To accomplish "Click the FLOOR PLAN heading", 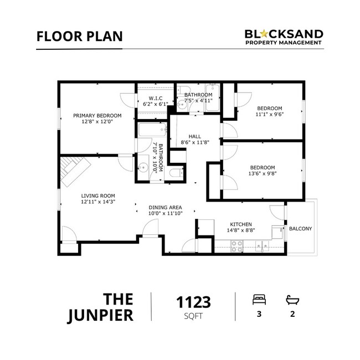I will tap(79, 37).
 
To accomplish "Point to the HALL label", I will tap(194, 136).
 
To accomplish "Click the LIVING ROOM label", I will tap(98, 196).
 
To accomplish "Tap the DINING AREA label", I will tap(165, 207).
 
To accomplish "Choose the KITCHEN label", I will tap(241, 224).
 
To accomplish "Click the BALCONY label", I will tap(300, 229).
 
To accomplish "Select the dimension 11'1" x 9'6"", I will tap(269, 115).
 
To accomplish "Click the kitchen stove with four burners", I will tap(236, 245).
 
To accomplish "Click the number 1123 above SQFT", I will tap(193, 302).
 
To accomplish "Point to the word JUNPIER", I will tap(100, 315).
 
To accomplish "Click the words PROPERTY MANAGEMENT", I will tap(284, 43).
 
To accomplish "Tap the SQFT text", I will tap(193, 316).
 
